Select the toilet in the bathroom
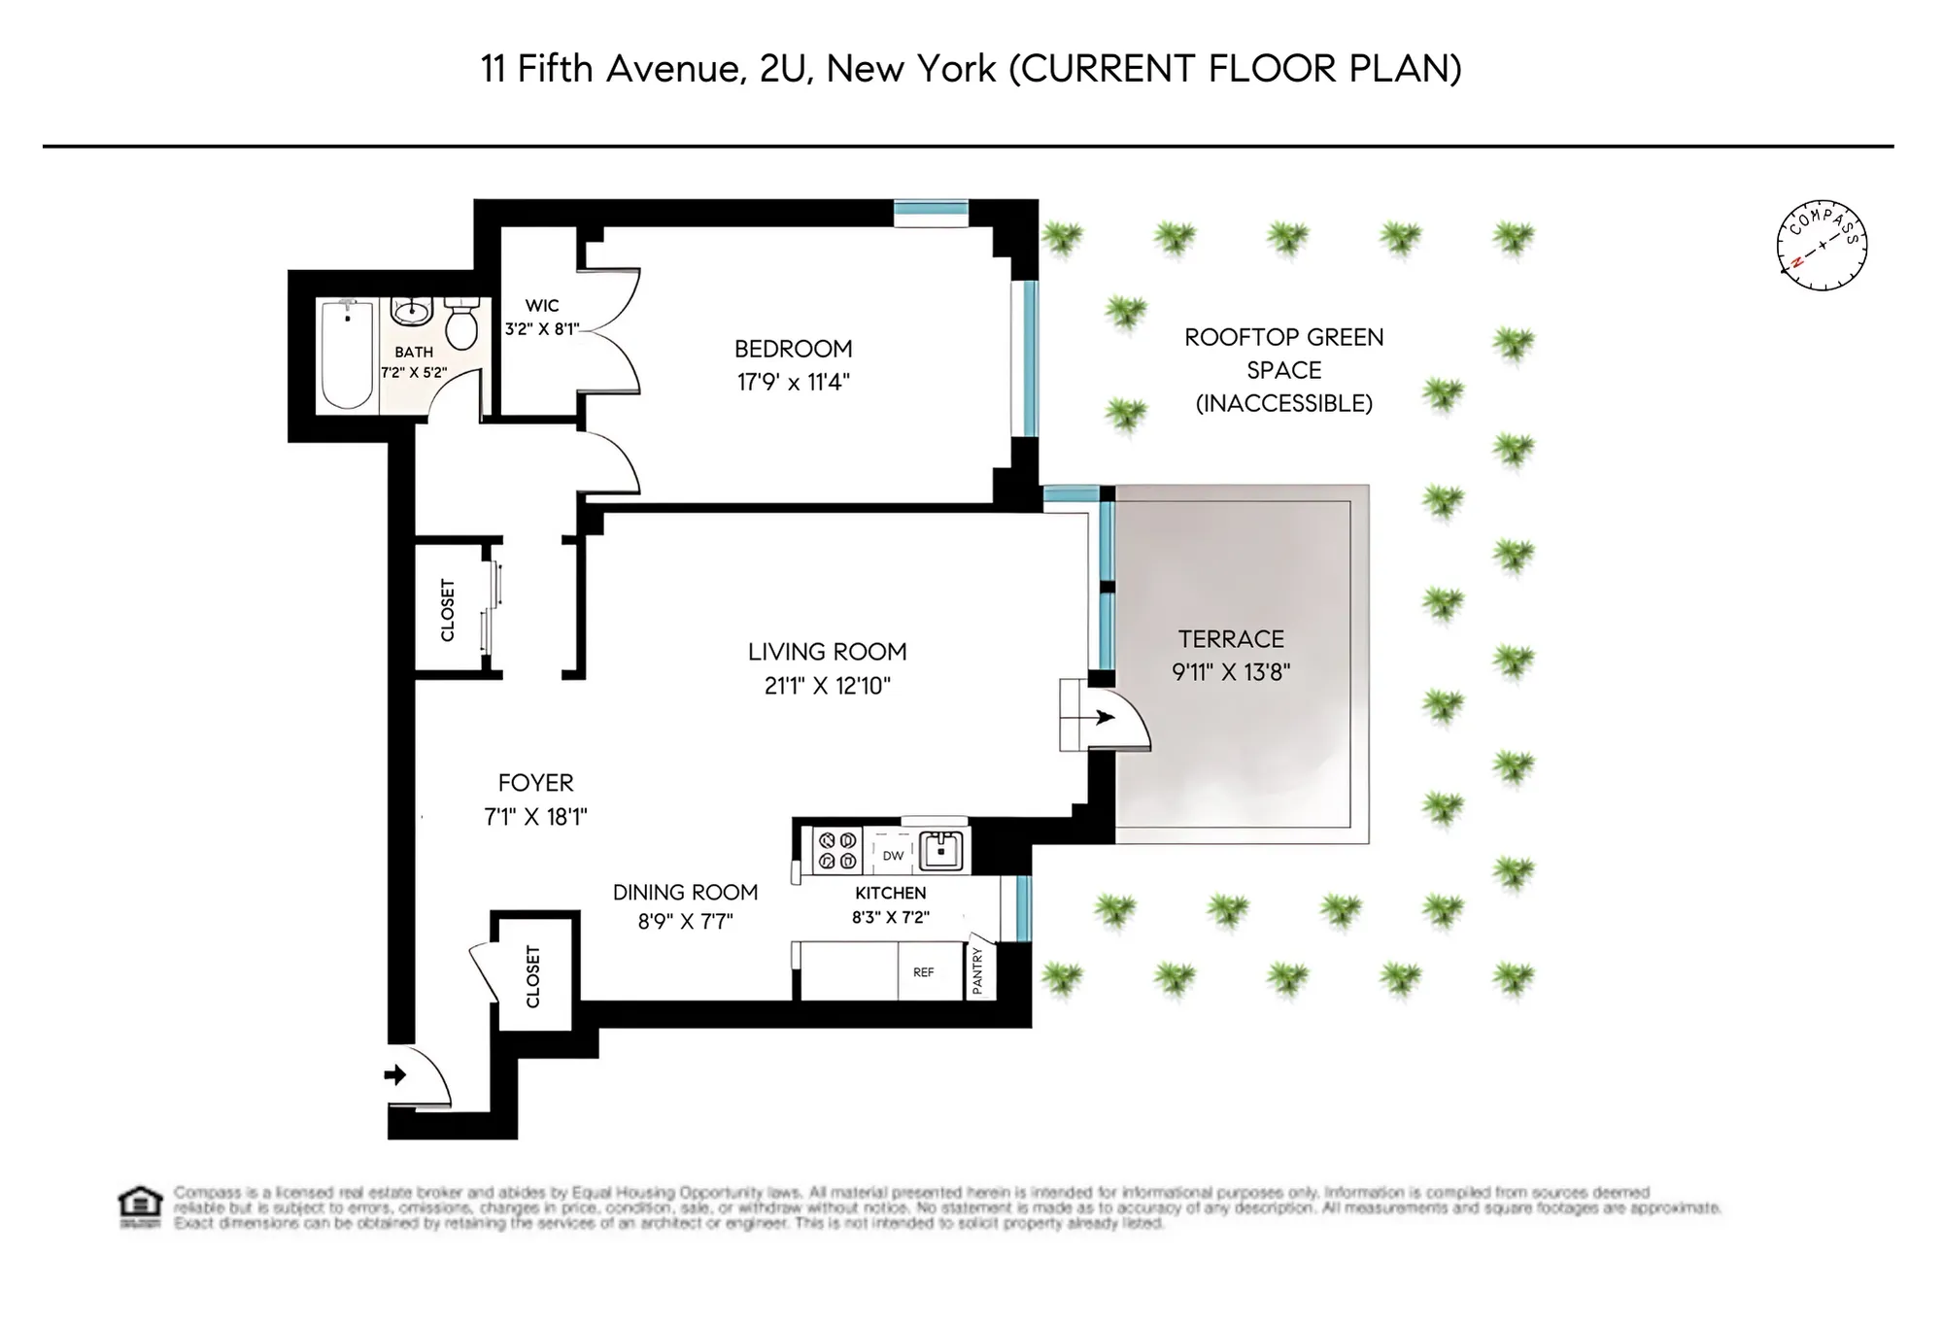(462, 323)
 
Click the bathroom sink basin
(412, 311)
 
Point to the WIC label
(542, 306)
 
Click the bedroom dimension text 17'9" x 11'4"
(793, 382)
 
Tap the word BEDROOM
(793, 349)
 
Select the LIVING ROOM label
(827, 652)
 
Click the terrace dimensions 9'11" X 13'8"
(1231, 672)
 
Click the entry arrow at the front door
(395, 1074)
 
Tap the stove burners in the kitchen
(836, 850)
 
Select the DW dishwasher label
(893, 856)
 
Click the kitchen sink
(940, 850)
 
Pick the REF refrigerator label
(923, 972)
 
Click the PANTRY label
(978, 970)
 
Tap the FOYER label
(535, 783)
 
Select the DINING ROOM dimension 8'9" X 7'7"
(685, 921)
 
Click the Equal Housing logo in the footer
(140, 1205)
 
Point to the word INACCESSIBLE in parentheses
(1283, 403)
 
